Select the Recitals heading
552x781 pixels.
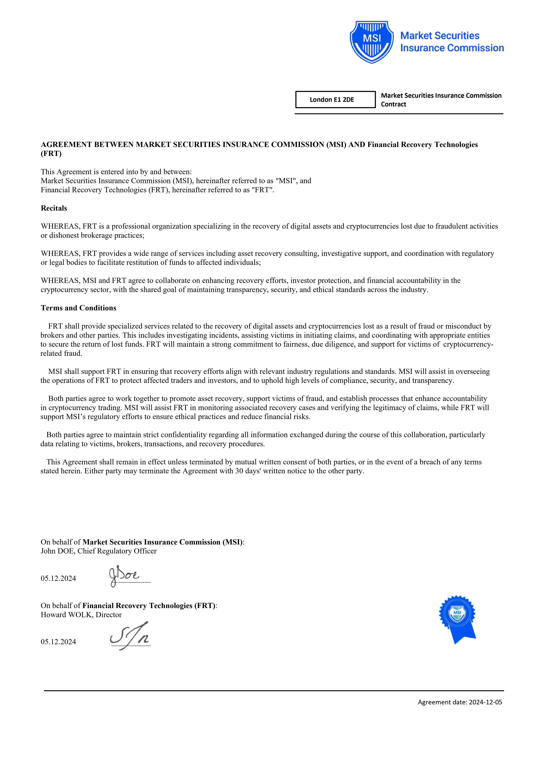tap(54, 208)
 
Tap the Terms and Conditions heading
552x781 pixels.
tap(78, 308)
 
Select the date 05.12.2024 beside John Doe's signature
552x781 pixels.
tap(58, 578)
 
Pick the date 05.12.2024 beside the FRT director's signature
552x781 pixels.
tap(58, 642)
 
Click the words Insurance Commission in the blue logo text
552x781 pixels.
tap(452, 48)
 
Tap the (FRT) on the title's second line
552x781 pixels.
tap(51, 153)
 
